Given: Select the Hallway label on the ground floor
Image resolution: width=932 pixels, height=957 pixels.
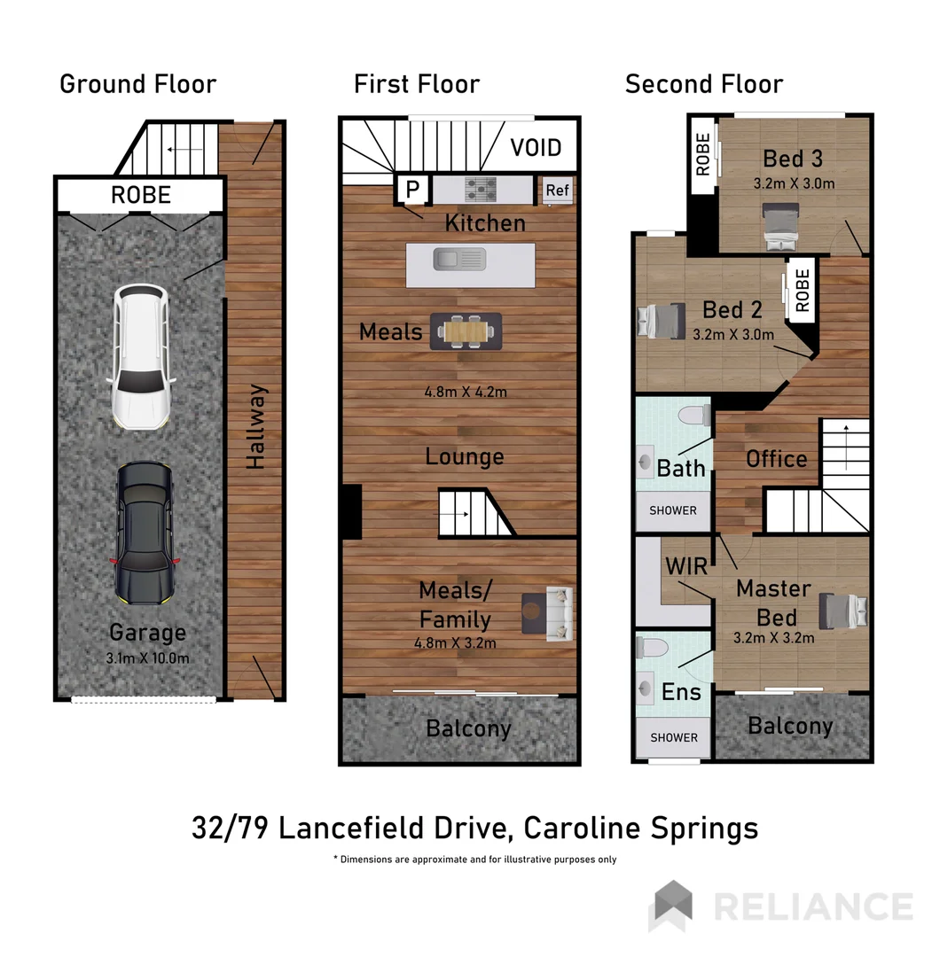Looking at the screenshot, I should point(255,426).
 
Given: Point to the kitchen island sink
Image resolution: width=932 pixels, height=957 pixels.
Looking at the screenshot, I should point(459,260).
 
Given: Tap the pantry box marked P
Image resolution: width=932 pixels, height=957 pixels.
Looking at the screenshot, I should point(412,190).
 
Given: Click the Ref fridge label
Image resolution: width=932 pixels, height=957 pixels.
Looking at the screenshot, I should point(557,190).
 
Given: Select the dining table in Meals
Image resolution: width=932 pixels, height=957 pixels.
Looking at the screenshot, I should point(466,331).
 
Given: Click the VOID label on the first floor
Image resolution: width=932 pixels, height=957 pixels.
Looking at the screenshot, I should point(536,148).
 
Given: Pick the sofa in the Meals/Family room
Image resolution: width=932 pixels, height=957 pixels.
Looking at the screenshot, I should point(559,612).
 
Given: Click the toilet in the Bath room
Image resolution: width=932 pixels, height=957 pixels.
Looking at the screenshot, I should point(693,416).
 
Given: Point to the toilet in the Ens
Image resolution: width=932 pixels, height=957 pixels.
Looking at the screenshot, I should point(653,647).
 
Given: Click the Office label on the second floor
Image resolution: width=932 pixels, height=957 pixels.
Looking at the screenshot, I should point(776,459).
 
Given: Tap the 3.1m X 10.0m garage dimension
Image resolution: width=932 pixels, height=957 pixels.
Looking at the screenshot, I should point(147,657).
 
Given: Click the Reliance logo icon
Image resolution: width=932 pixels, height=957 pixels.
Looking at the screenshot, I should point(670,906).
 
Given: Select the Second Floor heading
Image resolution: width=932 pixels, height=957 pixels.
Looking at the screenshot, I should point(703,84).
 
